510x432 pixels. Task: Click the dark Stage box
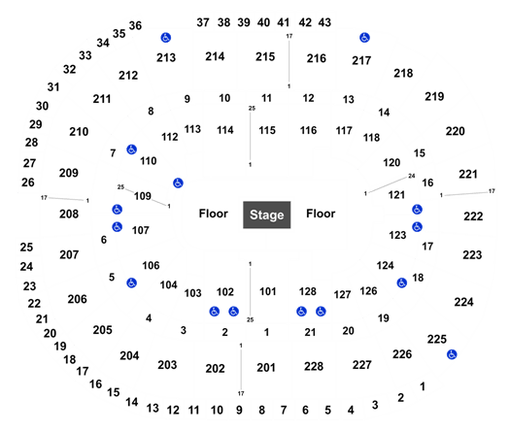pos(267,215)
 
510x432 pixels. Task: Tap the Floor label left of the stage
pos(214,214)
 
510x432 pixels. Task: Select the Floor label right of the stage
pos(321,214)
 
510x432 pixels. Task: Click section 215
pos(265,56)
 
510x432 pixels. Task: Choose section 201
pos(266,368)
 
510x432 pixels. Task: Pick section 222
pos(473,216)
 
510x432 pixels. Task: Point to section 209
pos(69,173)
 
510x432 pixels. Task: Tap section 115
pos(267,130)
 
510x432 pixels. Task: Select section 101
pos(268,291)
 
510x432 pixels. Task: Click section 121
pos(396,195)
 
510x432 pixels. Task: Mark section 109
pos(143,196)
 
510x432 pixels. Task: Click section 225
pos(437,340)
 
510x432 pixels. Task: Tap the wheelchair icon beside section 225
pos(452,354)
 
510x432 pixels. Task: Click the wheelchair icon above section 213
pos(166,38)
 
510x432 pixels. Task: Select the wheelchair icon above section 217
pos(364,38)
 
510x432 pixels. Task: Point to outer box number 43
pos(324,22)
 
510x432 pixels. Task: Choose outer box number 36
pos(135,25)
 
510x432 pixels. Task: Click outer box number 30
pos(43,106)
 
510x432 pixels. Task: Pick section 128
pos(308,291)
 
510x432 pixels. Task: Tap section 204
pos(129,356)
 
